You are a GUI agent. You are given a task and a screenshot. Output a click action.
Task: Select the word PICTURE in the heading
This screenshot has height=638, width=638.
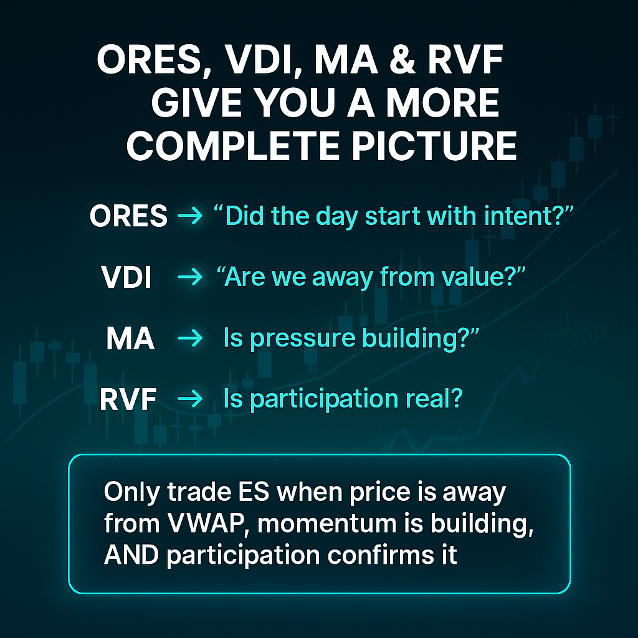point(434,146)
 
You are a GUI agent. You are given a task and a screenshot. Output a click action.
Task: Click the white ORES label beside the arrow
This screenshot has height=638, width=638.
point(128,216)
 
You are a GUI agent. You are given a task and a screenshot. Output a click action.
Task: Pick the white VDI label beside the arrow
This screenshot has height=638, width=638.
point(126,277)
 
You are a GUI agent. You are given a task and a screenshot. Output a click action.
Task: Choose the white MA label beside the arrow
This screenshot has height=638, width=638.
point(130,338)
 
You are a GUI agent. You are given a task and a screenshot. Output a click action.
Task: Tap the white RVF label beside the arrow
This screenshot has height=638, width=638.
point(128,399)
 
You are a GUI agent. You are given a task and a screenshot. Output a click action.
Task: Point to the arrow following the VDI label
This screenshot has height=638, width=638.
point(190,277)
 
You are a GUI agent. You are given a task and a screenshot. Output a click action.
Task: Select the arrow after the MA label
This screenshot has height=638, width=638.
point(190,338)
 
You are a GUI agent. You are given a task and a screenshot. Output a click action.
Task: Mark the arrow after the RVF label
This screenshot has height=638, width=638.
point(190,398)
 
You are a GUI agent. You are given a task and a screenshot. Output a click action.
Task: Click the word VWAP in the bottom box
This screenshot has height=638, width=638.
point(206,523)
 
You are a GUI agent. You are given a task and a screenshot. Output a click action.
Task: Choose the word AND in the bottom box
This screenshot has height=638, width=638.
point(131,555)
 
